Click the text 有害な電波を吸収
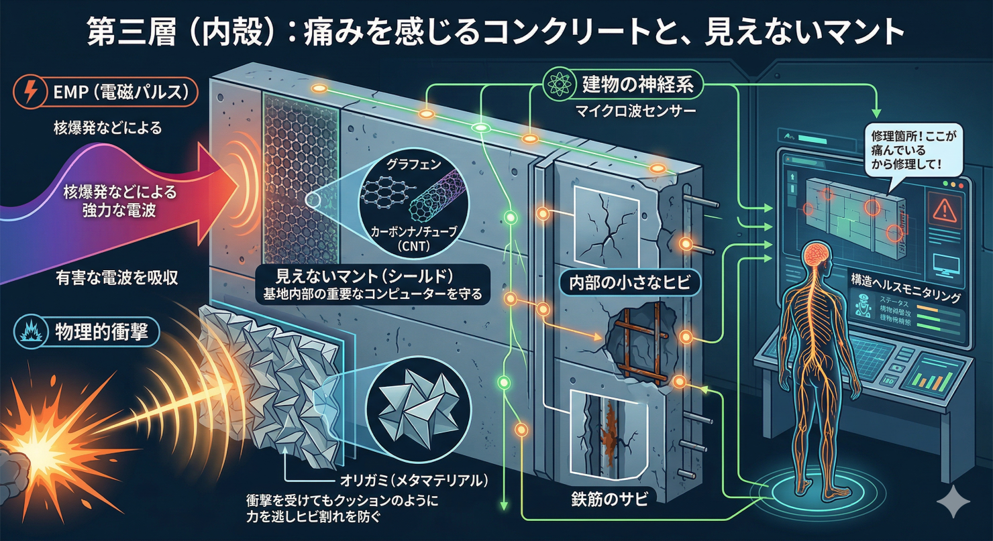tap(117, 278)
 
